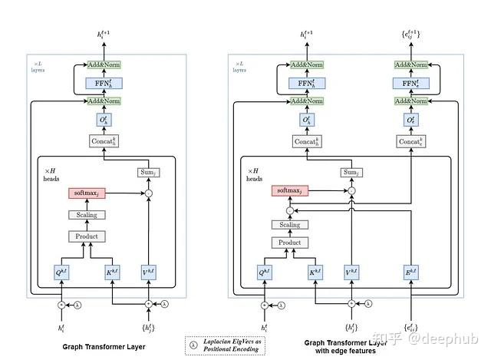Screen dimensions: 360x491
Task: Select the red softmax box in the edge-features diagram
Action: click(289, 190)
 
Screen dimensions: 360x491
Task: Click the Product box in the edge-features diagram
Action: click(289, 243)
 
